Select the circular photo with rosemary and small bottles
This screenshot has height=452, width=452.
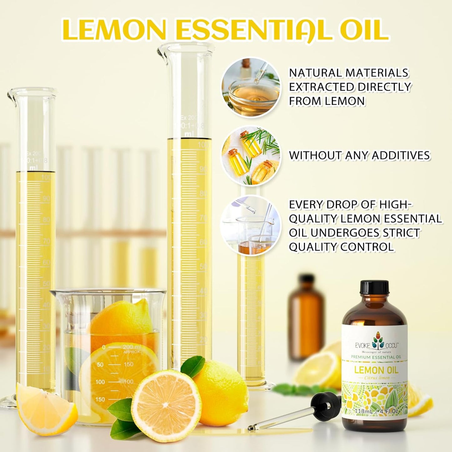coord(251,155)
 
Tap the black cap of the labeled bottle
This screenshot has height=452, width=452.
coord(374,287)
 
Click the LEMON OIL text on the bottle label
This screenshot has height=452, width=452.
coord(376,370)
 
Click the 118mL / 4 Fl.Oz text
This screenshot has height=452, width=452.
coord(376,411)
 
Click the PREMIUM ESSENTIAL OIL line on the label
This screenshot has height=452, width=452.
coord(376,357)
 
